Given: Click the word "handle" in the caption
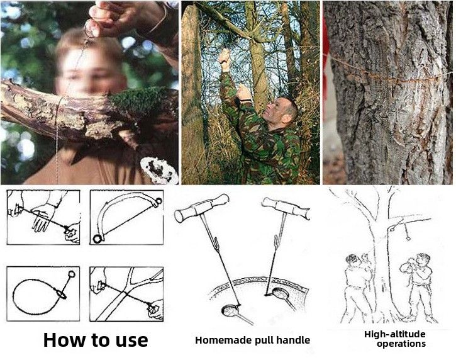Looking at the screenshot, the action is [x=293, y=340].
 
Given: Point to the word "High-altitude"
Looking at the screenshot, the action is [x=394, y=334].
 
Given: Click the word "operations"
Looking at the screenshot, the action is [x=401, y=344].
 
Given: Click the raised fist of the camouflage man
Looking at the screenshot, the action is [x=224, y=56].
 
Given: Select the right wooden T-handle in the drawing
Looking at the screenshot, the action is [x=286, y=208].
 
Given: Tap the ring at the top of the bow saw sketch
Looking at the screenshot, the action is [x=158, y=201].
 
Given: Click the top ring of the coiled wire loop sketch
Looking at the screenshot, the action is [x=72, y=274].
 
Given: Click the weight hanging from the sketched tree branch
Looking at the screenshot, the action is [x=407, y=238].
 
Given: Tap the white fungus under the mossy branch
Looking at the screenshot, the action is [x=158, y=171].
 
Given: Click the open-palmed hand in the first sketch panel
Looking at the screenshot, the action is [x=43, y=217].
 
